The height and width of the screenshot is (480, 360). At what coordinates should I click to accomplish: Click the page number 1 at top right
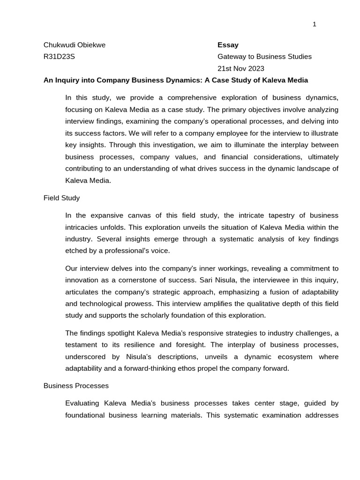(315, 24)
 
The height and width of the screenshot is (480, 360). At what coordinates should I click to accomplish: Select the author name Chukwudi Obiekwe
(75, 45)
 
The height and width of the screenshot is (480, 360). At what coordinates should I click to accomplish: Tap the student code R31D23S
(59, 57)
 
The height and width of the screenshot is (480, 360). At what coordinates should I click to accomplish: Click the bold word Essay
(228, 45)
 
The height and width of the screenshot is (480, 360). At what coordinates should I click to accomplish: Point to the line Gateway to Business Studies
(264, 57)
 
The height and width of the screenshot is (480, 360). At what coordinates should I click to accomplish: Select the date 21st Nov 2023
(241, 68)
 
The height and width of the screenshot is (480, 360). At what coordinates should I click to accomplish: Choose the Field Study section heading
(61, 198)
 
